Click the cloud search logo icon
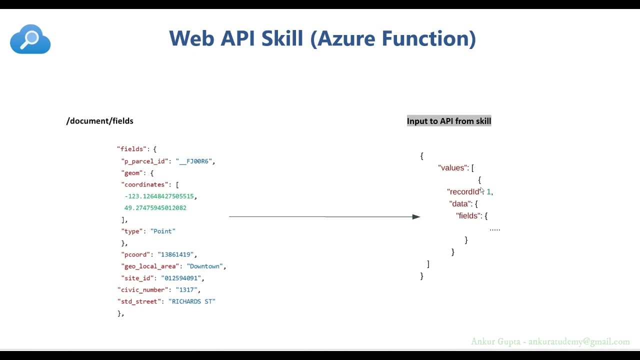(x=30, y=39)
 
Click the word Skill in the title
(x=282, y=39)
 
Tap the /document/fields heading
(x=99, y=121)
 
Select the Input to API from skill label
(x=448, y=121)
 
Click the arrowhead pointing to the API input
(x=416, y=217)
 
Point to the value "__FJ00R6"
(x=195, y=161)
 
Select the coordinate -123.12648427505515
(x=160, y=196)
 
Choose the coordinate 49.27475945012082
(x=155, y=208)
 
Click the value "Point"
(x=163, y=231)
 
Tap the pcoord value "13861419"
(x=177, y=255)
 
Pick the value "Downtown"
(x=206, y=266)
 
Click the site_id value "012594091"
(x=182, y=278)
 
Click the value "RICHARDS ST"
(x=192, y=301)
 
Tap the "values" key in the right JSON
(x=453, y=168)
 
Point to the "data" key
(x=460, y=204)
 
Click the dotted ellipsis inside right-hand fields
(x=494, y=229)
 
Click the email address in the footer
(x=579, y=342)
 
